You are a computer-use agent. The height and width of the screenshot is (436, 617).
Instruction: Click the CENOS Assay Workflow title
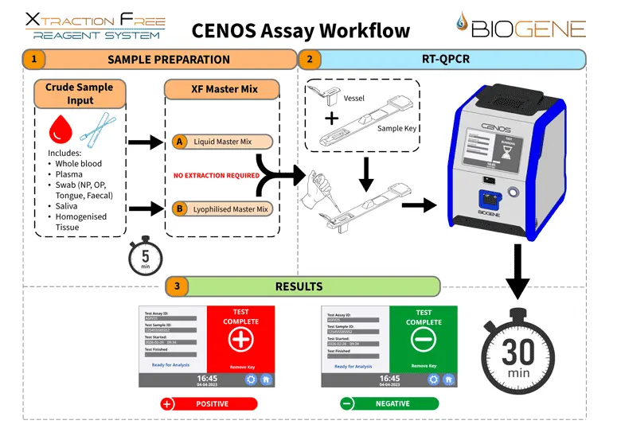tap(301, 31)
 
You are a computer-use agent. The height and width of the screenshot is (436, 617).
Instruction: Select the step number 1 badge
tap(33, 59)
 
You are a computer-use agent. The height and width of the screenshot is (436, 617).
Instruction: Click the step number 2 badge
tap(307, 59)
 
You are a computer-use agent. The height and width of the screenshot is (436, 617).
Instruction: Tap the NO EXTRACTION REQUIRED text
tap(217, 175)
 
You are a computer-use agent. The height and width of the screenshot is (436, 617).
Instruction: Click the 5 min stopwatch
tap(144, 256)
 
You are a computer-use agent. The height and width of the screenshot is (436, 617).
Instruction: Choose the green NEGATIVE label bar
tap(389, 403)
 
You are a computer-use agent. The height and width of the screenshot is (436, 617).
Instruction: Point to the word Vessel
tap(355, 99)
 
